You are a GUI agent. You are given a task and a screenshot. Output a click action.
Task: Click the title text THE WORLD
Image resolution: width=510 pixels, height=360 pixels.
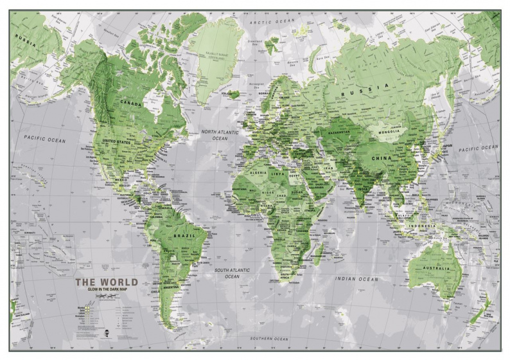(x=106, y=282)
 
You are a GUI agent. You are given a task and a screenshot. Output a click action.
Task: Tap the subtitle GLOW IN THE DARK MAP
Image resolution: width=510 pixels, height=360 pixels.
(x=106, y=289)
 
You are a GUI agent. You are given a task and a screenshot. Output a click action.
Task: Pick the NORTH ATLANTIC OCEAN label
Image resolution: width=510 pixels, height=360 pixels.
(x=220, y=134)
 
